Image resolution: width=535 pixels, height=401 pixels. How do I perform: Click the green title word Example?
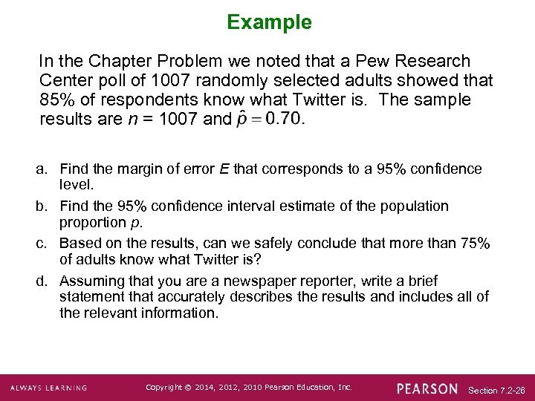tap(269, 22)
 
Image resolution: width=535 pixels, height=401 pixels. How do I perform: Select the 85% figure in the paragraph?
tap(56, 100)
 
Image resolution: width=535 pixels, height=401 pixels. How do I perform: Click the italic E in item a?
tap(224, 169)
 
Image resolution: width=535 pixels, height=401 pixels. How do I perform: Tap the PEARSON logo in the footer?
tap(427, 388)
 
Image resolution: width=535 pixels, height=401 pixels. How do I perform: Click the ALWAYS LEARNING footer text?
tap(48, 388)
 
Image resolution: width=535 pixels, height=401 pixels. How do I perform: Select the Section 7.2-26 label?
tap(497, 390)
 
